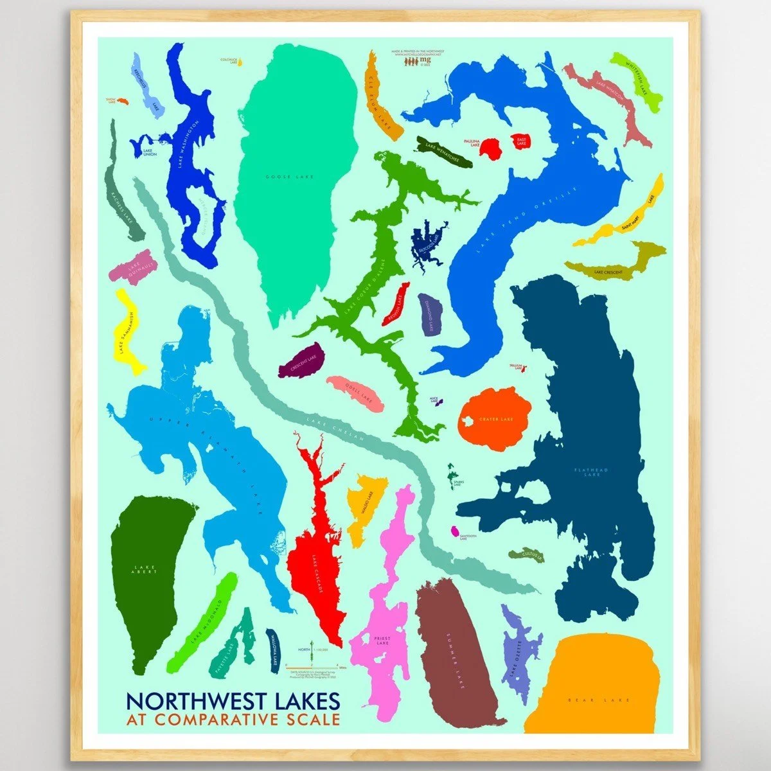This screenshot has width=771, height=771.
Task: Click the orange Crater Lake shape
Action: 495,414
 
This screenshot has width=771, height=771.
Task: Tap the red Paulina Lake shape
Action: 492,148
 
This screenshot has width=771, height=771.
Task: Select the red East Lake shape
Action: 521,142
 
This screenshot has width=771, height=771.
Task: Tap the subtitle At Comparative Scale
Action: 233,719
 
